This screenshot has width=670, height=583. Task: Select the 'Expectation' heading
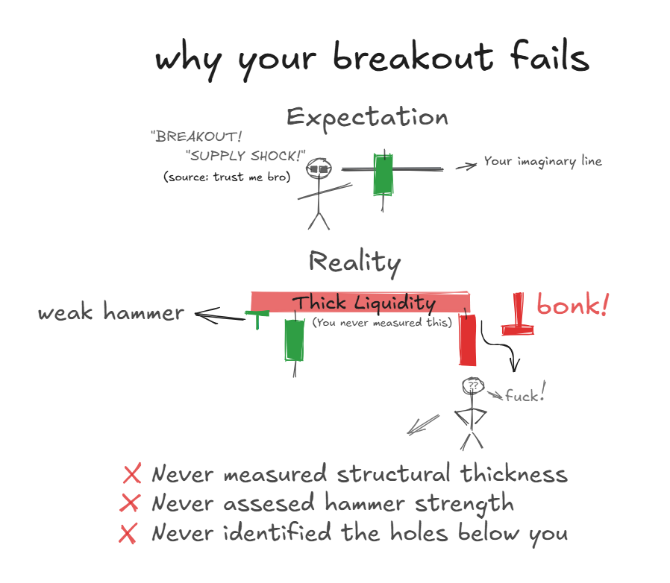[x=367, y=118]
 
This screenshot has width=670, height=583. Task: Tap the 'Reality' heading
[x=354, y=262]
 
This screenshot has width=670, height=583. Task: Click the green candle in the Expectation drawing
[x=383, y=176]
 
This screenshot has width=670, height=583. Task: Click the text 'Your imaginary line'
[x=542, y=161]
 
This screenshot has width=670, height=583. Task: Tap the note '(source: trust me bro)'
[x=226, y=177]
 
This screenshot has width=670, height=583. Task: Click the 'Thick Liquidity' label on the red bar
[x=363, y=303]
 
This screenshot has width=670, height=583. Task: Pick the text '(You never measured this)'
[x=383, y=323]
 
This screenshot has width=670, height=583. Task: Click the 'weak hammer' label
[x=111, y=312]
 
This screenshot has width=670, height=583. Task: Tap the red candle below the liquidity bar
[x=467, y=340]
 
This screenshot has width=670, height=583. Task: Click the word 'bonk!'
[x=573, y=305]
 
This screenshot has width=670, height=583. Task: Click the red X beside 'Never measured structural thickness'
[x=132, y=474]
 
